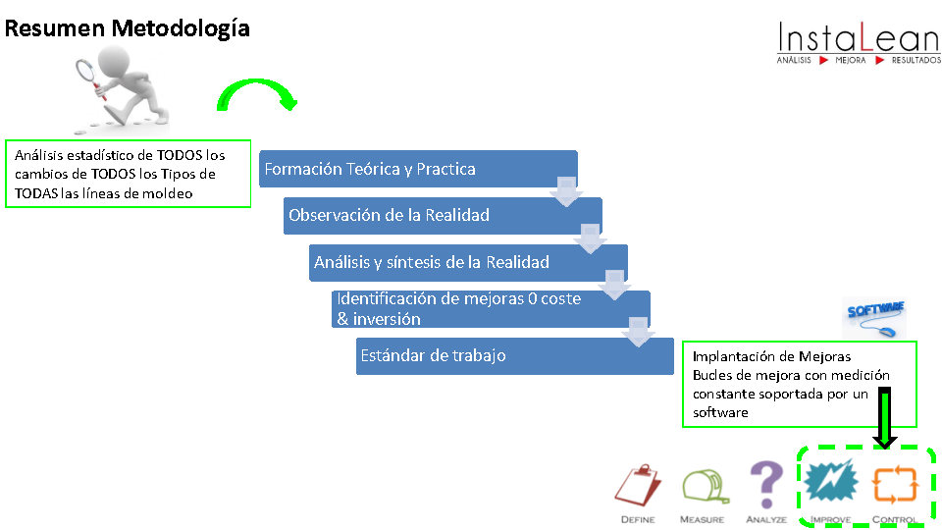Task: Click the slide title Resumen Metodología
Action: point(128,28)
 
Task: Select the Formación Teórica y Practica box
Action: point(417,169)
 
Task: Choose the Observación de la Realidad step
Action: point(442,215)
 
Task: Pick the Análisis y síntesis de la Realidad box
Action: point(467,262)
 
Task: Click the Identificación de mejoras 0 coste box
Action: point(490,308)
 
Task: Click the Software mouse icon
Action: point(874,318)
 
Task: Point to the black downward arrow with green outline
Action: point(885,418)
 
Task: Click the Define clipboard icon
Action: point(637,486)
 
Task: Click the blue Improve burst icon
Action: point(831,482)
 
